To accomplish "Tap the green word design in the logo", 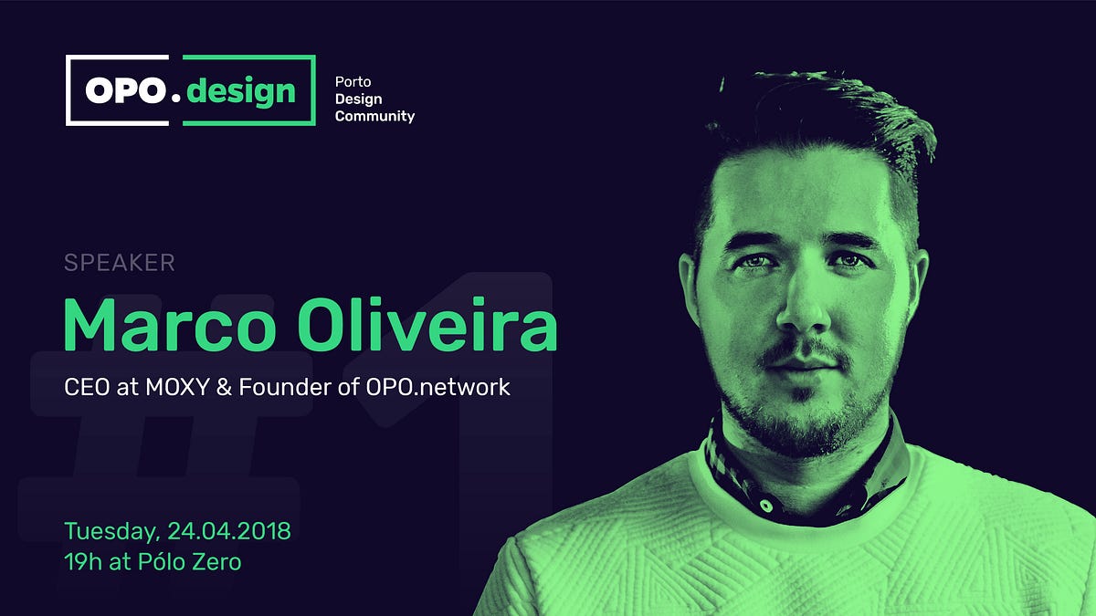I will (240, 90).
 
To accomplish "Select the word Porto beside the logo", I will (353, 81).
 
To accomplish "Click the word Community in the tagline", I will (374, 116).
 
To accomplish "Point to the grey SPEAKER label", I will (119, 264).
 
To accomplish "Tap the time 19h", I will (82, 561).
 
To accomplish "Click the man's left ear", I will (913, 283).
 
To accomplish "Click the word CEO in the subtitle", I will (85, 387).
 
